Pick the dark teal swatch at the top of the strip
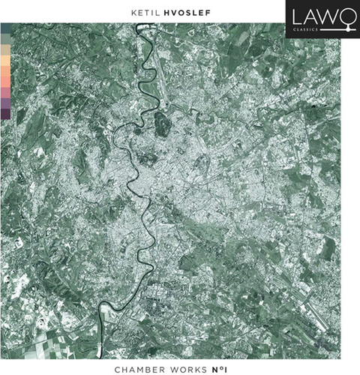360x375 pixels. pyautogui.click(x=6, y=28)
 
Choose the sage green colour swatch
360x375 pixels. pyautogui.click(x=6, y=38)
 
